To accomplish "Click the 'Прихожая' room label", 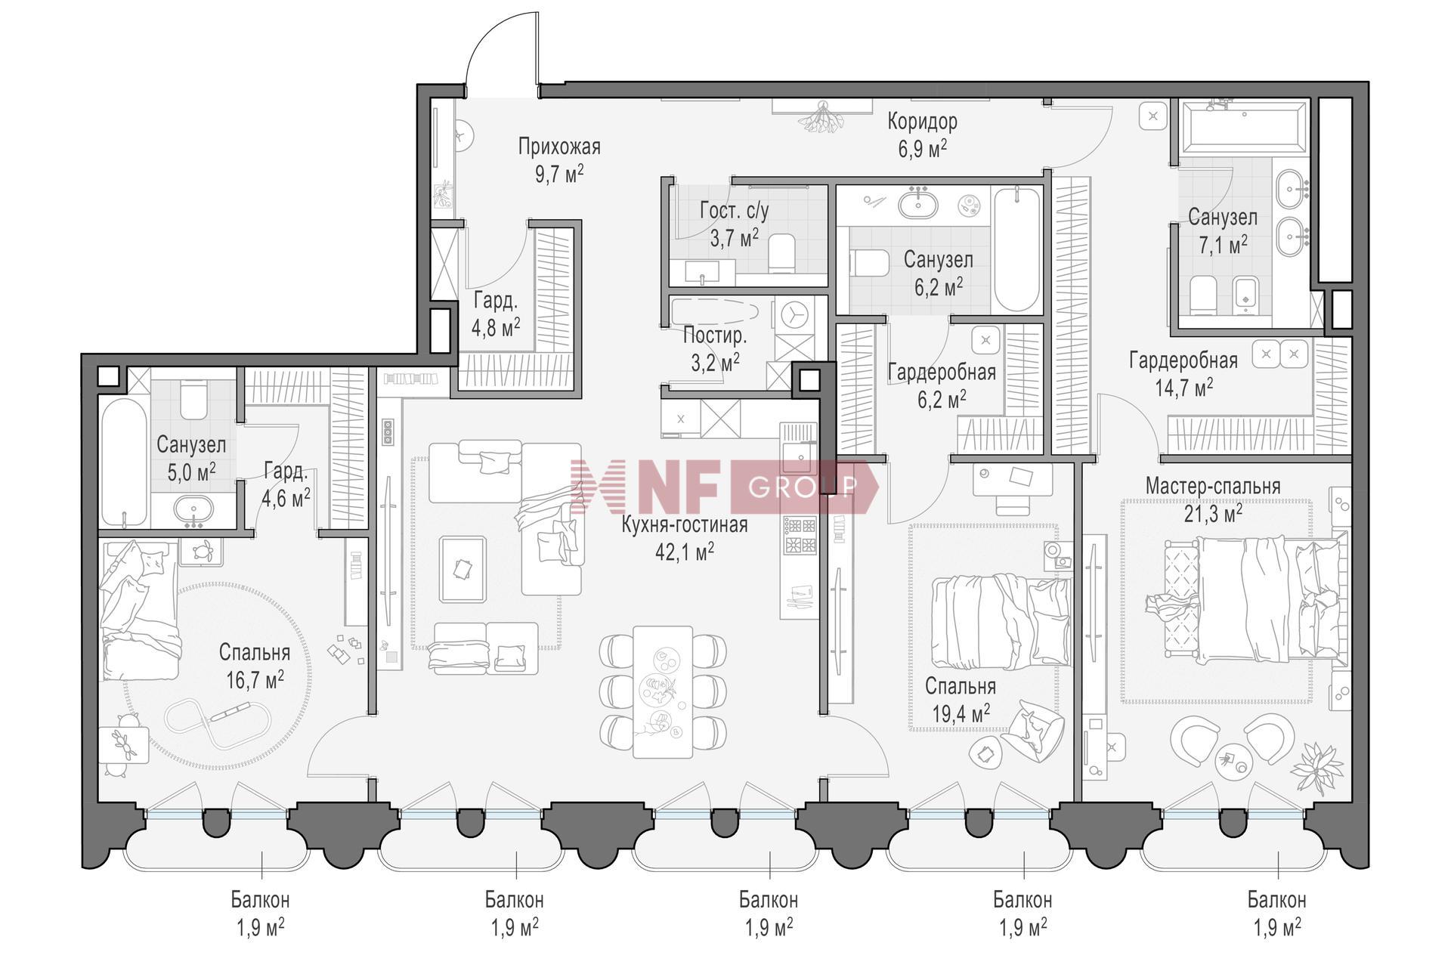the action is click(x=559, y=146).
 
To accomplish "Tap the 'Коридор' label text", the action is click(x=922, y=121).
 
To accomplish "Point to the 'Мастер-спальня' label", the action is click(x=1213, y=486).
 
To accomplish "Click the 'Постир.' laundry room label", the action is click(x=715, y=335).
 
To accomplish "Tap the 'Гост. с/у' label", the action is click(x=735, y=211).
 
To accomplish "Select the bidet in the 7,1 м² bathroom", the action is click(x=1245, y=295).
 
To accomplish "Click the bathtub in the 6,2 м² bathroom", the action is click(x=1016, y=250).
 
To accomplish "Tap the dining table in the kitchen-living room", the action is click(x=663, y=691).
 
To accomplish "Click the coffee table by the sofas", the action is click(x=463, y=568).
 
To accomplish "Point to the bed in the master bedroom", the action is click(x=1247, y=597).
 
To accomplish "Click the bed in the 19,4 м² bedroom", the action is click(x=1001, y=623).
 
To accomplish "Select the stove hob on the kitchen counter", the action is click(x=800, y=534).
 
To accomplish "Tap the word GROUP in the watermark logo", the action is click(x=802, y=487).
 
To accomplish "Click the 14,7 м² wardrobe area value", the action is click(x=1183, y=388).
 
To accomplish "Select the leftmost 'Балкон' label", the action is click(x=261, y=900).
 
